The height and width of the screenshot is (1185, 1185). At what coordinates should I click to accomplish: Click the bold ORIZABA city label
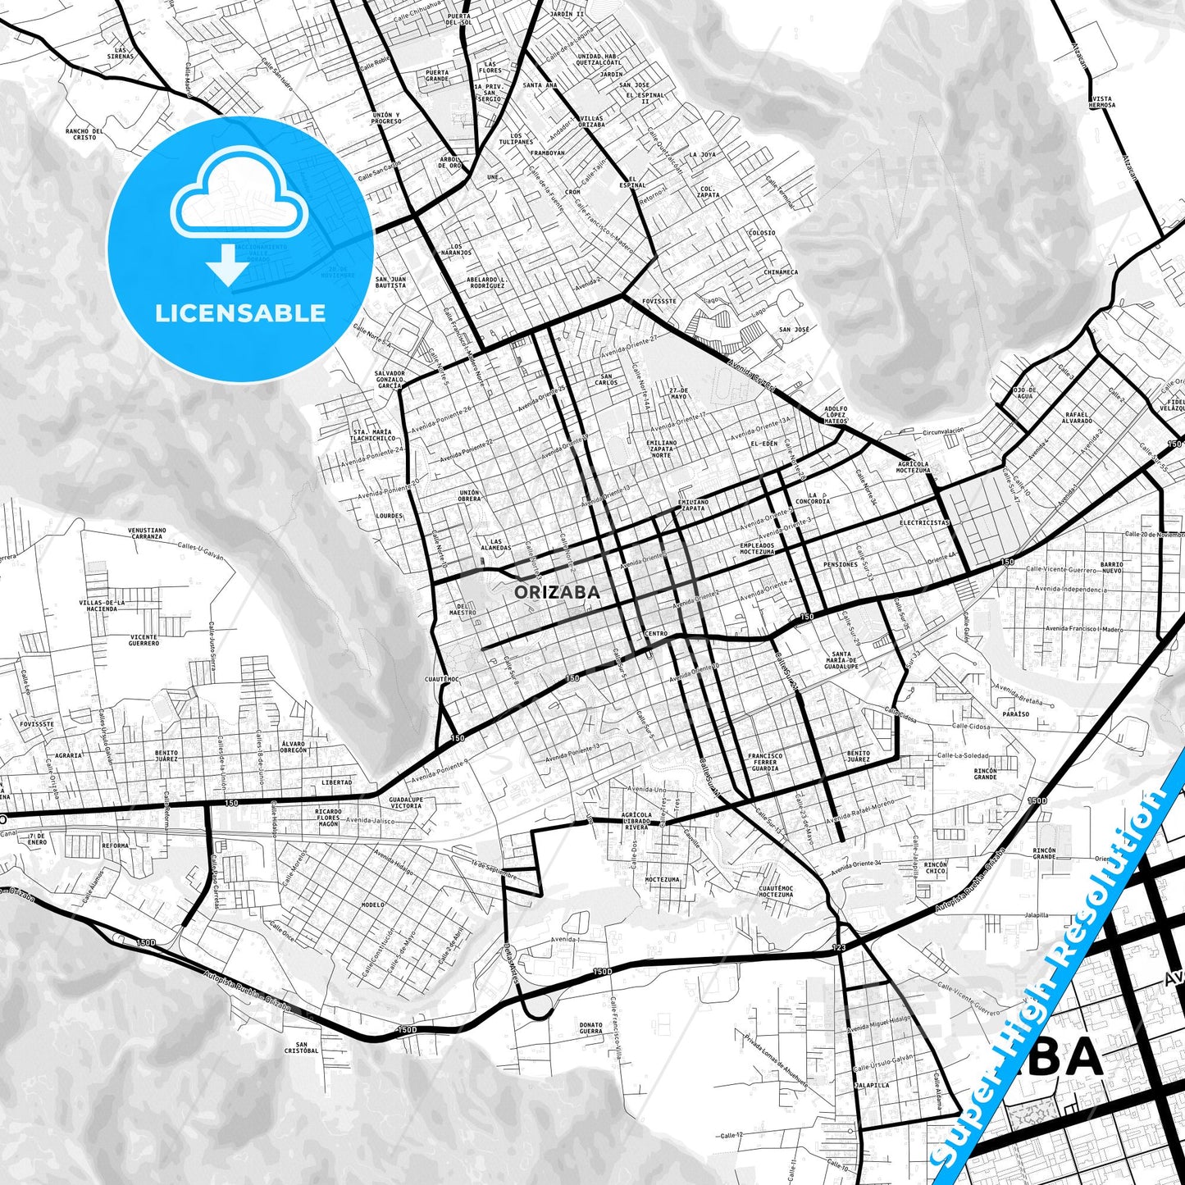point(557,591)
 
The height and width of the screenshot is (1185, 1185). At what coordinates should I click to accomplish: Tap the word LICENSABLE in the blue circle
point(240,312)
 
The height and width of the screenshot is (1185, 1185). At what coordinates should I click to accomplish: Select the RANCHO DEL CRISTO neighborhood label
point(84,134)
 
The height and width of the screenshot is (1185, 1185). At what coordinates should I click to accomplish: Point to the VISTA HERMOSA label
point(1102,102)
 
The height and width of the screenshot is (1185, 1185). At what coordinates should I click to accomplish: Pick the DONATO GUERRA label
point(590,1028)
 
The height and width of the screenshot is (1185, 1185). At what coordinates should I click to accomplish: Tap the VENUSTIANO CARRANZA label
point(147,533)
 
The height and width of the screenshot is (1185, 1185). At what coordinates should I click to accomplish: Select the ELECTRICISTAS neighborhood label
point(924,522)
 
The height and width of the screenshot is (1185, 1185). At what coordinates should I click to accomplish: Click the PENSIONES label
point(841,564)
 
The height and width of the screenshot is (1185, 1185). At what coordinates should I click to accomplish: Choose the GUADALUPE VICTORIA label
point(406,802)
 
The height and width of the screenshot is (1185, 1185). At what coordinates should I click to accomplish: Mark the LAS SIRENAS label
point(120,53)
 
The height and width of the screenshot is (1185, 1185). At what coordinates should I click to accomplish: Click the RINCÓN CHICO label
point(935,868)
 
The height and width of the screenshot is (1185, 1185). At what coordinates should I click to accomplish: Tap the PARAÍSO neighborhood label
point(1015,713)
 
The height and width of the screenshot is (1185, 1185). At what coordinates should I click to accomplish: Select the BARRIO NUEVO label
point(1112,567)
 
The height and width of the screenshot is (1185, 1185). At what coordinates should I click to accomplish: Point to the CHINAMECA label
point(780,272)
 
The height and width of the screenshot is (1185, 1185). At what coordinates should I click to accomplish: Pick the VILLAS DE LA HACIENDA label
point(103,605)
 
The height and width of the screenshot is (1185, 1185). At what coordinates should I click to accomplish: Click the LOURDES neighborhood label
point(389,516)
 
